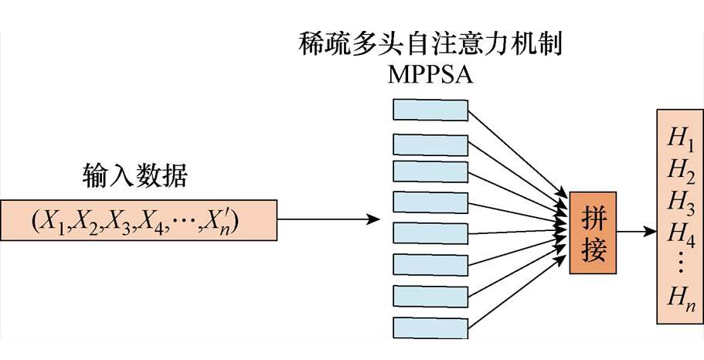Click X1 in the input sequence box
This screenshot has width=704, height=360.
[54, 220]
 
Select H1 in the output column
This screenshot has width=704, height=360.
[679, 139]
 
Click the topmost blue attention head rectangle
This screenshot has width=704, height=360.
[431, 110]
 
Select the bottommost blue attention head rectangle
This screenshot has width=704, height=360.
[431, 324]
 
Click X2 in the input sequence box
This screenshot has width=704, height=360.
[88, 220]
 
